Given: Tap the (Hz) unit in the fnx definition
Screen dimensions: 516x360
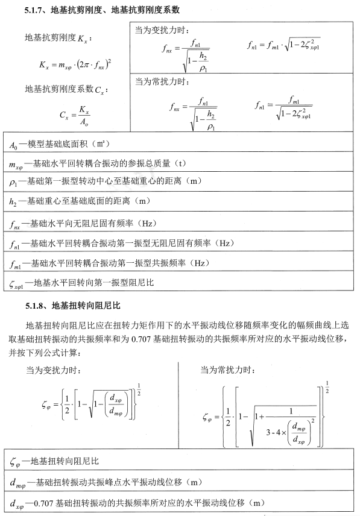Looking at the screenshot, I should pos(148,224).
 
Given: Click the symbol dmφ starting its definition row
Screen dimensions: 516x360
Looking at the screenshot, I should pos(17,482).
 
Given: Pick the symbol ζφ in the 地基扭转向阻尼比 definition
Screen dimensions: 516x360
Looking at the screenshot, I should pos(16,462).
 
